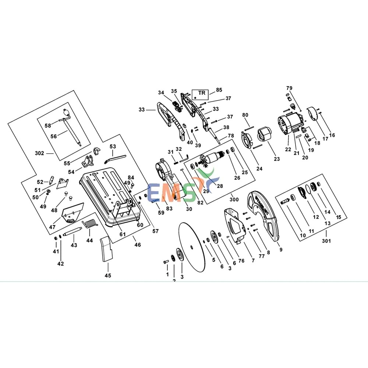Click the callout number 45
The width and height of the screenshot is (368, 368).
(x=108, y=275)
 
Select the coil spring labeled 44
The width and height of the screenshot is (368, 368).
(x=91, y=223)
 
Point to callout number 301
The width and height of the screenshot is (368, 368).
(x=326, y=241)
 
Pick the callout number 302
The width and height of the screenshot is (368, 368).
(x=40, y=153)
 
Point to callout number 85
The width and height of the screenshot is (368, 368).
(x=219, y=90)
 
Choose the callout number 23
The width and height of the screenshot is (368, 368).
(x=277, y=159)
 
